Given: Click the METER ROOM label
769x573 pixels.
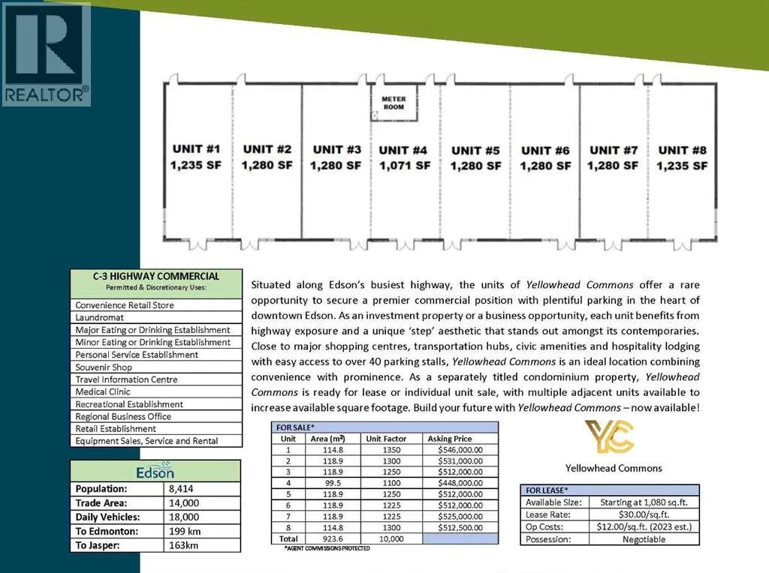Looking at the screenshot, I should [394, 102].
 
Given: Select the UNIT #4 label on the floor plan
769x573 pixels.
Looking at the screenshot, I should [403, 150].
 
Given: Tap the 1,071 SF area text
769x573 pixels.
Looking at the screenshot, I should [403, 166].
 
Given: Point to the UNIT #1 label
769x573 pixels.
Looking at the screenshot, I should [197, 148].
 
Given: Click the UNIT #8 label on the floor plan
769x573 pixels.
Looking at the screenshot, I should [682, 150].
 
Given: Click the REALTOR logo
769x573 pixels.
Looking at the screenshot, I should [47, 52].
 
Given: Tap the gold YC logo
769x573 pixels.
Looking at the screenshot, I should [609, 437].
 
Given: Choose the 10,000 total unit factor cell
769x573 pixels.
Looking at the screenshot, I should [393, 538].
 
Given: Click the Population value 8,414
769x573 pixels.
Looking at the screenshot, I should [184, 489].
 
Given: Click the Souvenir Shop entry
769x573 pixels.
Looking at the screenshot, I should [104, 367].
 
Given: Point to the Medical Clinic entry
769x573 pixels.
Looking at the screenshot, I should [103, 391].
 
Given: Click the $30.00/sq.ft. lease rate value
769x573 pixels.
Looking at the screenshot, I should [644, 514].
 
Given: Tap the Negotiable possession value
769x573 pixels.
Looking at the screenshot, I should [644, 539].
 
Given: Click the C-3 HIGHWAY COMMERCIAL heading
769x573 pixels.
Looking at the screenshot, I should [156, 276].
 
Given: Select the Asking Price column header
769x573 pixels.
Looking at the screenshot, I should [450, 439].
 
